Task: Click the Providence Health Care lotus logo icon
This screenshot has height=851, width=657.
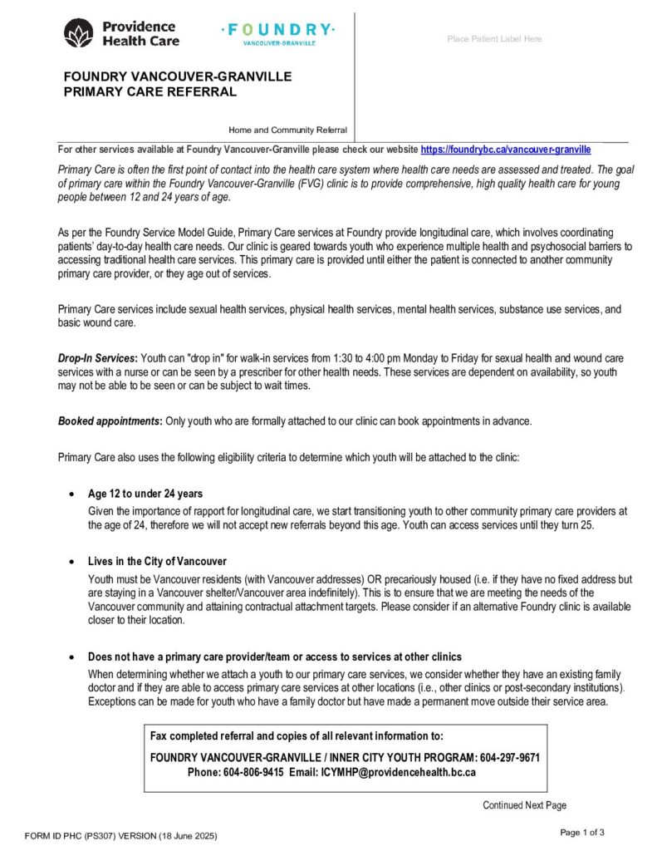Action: tap(79, 32)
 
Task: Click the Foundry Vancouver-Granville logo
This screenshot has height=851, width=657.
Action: tap(278, 32)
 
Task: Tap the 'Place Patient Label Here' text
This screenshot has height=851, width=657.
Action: tap(494, 39)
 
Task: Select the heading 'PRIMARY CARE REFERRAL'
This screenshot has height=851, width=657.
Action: tap(150, 91)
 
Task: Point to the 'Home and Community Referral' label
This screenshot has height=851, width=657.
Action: tap(288, 130)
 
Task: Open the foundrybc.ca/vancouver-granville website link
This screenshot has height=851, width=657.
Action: tap(506, 150)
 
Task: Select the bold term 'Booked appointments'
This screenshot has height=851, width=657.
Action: tap(109, 421)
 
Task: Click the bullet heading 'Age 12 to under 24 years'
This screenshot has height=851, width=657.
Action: tap(145, 494)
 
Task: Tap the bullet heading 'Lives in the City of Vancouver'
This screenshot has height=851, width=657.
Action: tap(157, 561)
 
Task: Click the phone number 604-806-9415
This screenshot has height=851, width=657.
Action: tap(253, 771)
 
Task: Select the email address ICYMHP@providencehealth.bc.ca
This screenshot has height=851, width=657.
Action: tap(398, 771)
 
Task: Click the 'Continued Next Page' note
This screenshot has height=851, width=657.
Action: tap(524, 805)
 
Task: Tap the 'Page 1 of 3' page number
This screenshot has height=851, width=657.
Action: tap(582, 832)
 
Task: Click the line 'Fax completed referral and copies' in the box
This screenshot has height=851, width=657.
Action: tap(297, 735)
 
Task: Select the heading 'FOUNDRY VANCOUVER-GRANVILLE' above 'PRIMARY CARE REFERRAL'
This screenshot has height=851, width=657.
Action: tap(178, 76)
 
